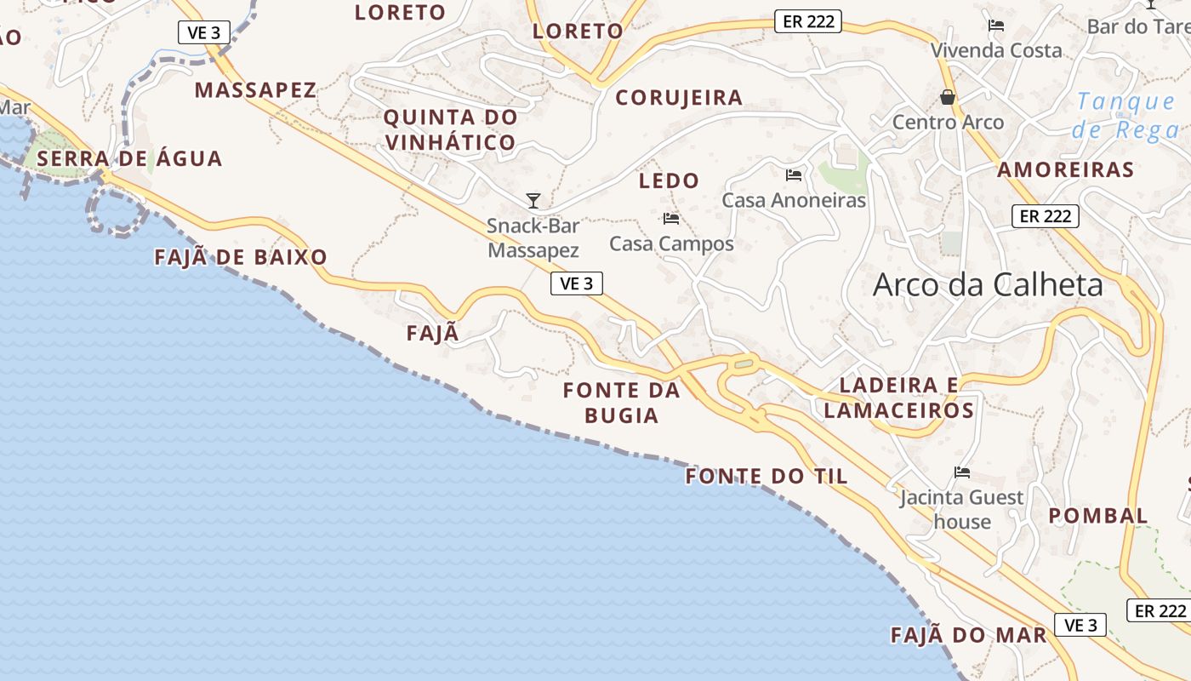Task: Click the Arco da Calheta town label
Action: pos(988,284)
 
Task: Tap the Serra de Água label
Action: pos(129,158)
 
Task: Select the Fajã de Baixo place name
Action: pos(241,257)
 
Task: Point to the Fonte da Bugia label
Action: pos(622,403)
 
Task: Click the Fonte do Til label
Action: pos(766,476)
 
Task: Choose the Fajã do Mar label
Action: pos(968,635)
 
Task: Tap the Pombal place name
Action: pos(1098,515)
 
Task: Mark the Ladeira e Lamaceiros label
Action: pos(899,398)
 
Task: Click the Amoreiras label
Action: pos(1066,169)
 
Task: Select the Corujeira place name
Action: pos(679,98)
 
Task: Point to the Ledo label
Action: pos(669,180)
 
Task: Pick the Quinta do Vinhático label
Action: pos(450,129)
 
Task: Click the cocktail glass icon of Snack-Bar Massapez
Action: pos(533,201)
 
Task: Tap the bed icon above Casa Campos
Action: pos(671,219)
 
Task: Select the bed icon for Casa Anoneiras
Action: pos(794,175)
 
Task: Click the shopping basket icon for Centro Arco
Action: pos(948,97)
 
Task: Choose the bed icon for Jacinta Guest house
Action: pos(962,472)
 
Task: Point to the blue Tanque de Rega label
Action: pos(1125,116)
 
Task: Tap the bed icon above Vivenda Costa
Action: pos(996,26)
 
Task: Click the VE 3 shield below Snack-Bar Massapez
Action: pos(577,283)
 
